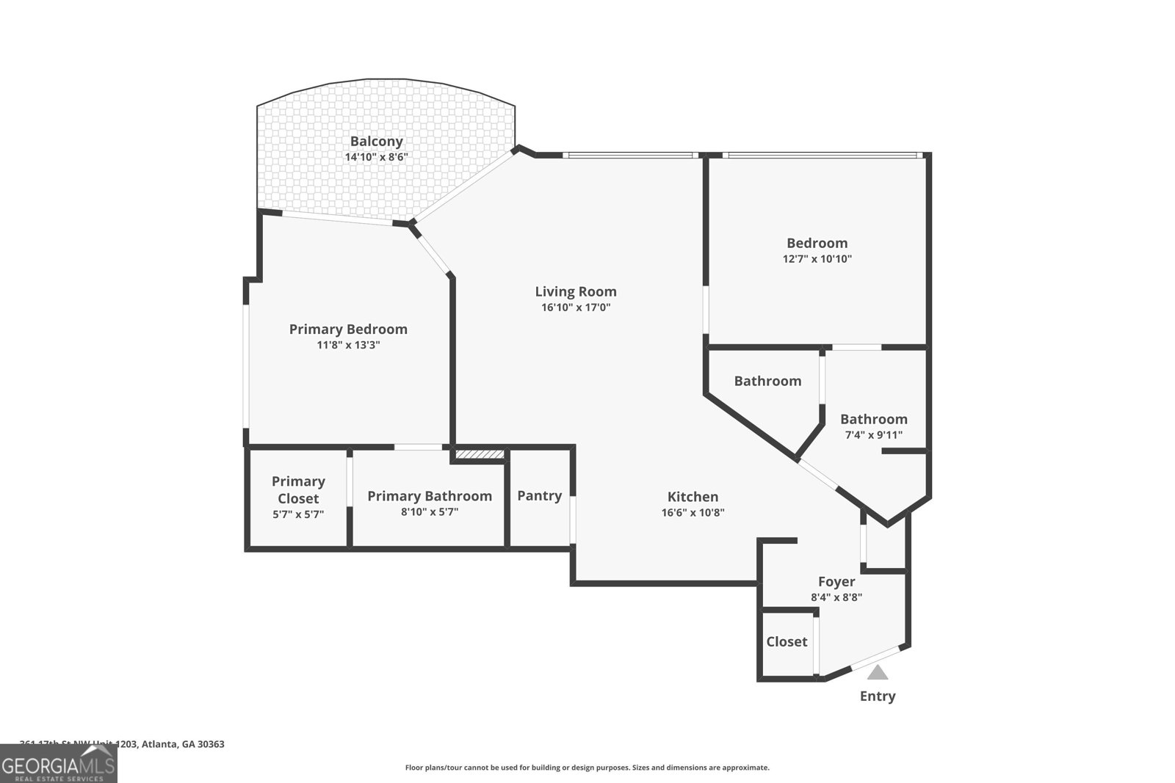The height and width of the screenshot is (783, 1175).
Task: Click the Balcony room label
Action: pyautogui.click(x=376, y=142)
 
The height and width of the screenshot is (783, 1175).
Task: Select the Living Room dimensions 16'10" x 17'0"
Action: pyautogui.click(x=576, y=307)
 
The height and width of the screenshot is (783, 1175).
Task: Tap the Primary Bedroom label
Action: pyautogui.click(x=348, y=329)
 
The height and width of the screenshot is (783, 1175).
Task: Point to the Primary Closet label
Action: pyautogui.click(x=298, y=489)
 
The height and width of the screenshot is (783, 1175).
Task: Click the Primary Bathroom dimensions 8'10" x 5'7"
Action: pyautogui.click(x=430, y=512)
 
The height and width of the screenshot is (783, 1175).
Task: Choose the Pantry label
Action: pyautogui.click(x=539, y=496)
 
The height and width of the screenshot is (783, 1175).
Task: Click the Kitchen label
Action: pyautogui.click(x=693, y=497)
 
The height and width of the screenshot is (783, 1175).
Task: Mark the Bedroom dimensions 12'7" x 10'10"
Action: pyautogui.click(x=817, y=259)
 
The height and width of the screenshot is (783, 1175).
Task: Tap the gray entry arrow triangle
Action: pyautogui.click(x=878, y=672)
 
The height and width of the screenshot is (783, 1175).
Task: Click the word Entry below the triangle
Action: pyautogui.click(x=878, y=696)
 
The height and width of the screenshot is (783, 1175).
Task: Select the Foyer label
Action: pyautogui.click(x=836, y=582)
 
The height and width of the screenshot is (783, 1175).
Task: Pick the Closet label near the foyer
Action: pyautogui.click(x=787, y=642)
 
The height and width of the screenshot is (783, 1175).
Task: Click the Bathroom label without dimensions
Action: pyautogui.click(x=767, y=381)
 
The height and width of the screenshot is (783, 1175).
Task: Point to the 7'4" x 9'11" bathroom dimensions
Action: pyautogui.click(x=873, y=435)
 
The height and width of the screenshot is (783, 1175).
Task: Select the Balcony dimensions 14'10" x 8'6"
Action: pyautogui.click(x=376, y=157)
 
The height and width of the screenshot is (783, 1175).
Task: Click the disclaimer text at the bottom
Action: pyautogui.click(x=587, y=768)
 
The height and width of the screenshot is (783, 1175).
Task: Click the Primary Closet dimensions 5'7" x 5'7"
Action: pyautogui.click(x=298, y=514)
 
